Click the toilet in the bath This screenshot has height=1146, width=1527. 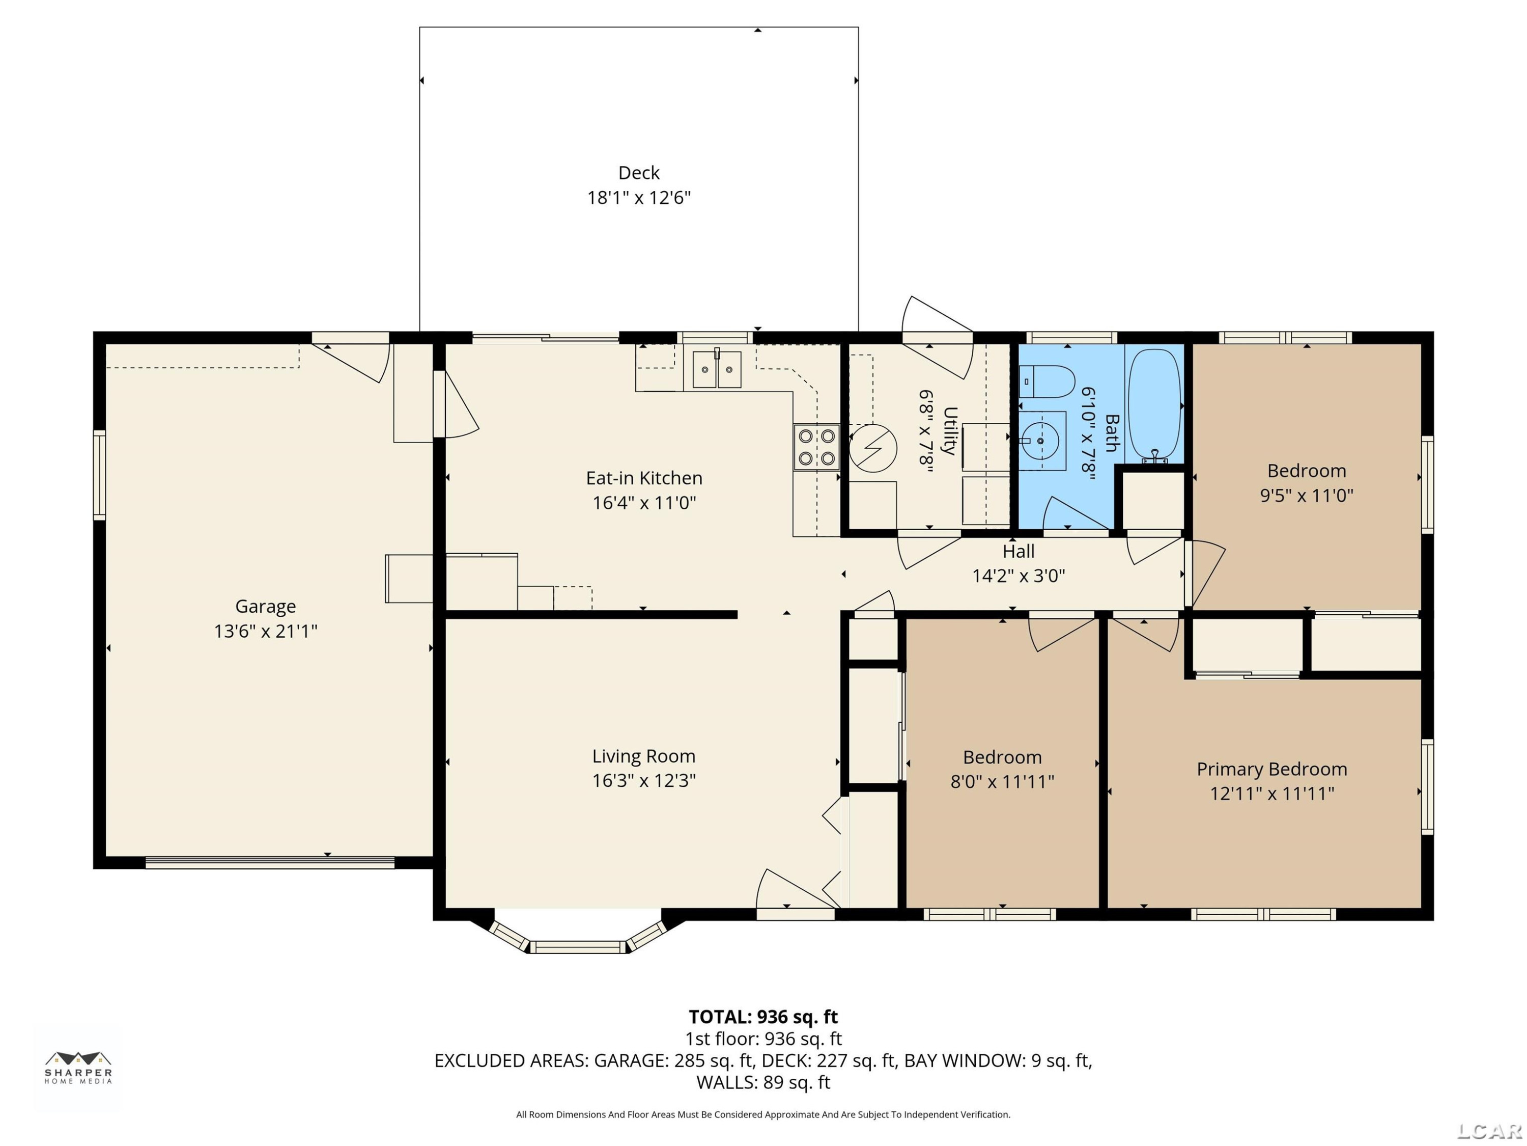click(x=1047, y=381)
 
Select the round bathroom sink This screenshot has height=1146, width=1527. click(x=1040, y=440)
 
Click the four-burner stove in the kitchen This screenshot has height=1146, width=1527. click(x=816, y=447)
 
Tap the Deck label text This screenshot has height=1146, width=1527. click(x=639, y=173)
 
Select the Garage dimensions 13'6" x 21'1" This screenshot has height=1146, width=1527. click(x=266, y=631)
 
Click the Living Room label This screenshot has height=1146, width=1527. click(x=643, y=756)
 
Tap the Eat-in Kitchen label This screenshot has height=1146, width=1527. click(x=644, y=478)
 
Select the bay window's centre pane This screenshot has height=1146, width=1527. click(x=578, y=946)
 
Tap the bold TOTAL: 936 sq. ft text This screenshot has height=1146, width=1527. click(x=763, y=1017)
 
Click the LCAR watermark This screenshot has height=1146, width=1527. click(x=1489, y=1131)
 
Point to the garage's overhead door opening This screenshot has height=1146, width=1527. click(x=270, y=862)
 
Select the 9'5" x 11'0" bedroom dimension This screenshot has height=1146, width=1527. click(x=1306, y=495)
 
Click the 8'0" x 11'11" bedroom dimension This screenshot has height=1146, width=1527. click(x=1002, y=781)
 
